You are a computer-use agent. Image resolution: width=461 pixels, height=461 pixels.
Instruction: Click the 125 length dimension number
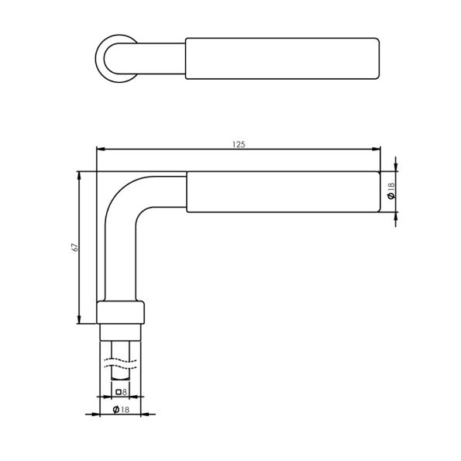pyautogui.click(x=238, y=143)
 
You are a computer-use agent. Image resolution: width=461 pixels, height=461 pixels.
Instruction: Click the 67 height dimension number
pyautogui.click(x=74, y=247)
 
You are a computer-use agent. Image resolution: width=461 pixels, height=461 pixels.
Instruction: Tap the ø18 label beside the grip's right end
pyautogui.click(x=391, y=191)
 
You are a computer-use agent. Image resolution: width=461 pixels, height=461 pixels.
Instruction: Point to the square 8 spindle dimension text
pyautogui.click(x=121, y=393)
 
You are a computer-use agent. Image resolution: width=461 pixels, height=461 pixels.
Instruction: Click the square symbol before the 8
pyautogui.click(x=118, y=393)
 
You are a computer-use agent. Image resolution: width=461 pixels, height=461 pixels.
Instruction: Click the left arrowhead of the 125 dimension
pyautogui.click(x=99, y=149)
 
